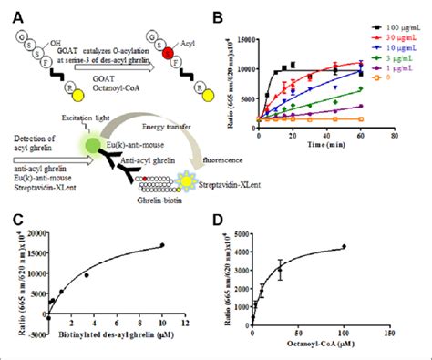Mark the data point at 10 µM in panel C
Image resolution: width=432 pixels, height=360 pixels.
click(162, 244)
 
